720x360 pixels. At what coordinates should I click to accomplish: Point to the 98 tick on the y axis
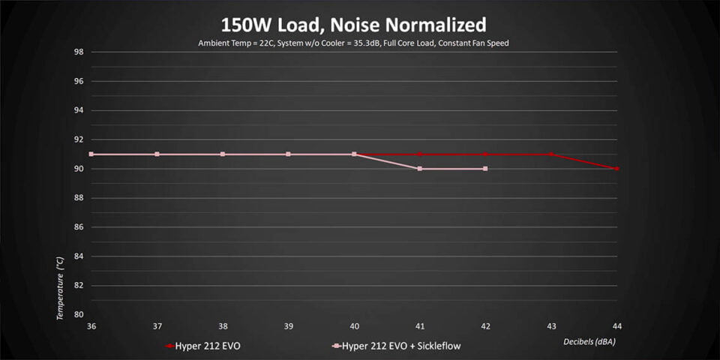click(78, 52)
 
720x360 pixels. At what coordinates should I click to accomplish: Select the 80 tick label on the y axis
click(78, 315)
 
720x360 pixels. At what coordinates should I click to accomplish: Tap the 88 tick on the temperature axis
click(78, 198)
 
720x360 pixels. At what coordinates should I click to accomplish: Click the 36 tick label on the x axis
click(91, 326)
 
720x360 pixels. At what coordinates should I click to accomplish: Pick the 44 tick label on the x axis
click(616, 326)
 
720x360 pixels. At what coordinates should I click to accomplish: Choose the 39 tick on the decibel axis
click(289, 326)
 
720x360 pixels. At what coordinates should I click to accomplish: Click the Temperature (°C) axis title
click(60, 287)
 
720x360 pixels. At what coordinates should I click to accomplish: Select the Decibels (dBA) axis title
click(589, 341)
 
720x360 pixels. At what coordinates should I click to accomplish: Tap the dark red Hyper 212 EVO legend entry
click(207, 346)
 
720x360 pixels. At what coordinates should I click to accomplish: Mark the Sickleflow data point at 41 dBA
click(420, 169)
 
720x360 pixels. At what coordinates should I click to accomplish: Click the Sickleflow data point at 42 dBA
click(485, 169)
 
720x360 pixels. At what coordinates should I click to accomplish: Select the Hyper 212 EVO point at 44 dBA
click(616, 169)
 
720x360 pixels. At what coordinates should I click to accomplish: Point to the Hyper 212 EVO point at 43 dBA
click(551, 154)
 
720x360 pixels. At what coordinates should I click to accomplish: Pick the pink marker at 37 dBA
click(157, 154)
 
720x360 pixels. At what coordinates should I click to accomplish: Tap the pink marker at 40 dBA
click(354, 154)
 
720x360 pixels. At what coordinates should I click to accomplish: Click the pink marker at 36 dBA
click(91, 154)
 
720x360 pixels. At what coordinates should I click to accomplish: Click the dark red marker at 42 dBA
click(485, 154)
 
